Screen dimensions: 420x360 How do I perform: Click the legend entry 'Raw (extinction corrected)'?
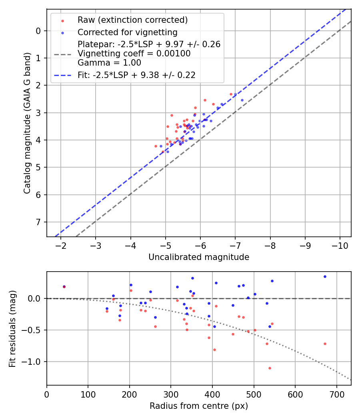[x=132, y=20]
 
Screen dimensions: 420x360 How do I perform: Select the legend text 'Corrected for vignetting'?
[x=127, y=32]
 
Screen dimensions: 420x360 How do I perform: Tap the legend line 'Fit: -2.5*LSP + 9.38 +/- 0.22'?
[x=136, y=75]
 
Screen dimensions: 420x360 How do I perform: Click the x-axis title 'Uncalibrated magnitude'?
[x=199, y=257]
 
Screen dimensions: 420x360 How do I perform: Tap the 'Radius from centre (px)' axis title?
[x=199, y=406]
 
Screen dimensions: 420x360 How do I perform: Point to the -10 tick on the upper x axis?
[x=340, y=245]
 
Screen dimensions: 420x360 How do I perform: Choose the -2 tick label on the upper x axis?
[x=61, y=245]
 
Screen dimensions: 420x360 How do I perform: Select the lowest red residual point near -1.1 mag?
[x=270, y=368]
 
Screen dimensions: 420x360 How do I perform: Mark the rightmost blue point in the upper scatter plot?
[x=242, y=100]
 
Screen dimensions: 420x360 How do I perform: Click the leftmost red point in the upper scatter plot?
[x=156, y=146]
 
